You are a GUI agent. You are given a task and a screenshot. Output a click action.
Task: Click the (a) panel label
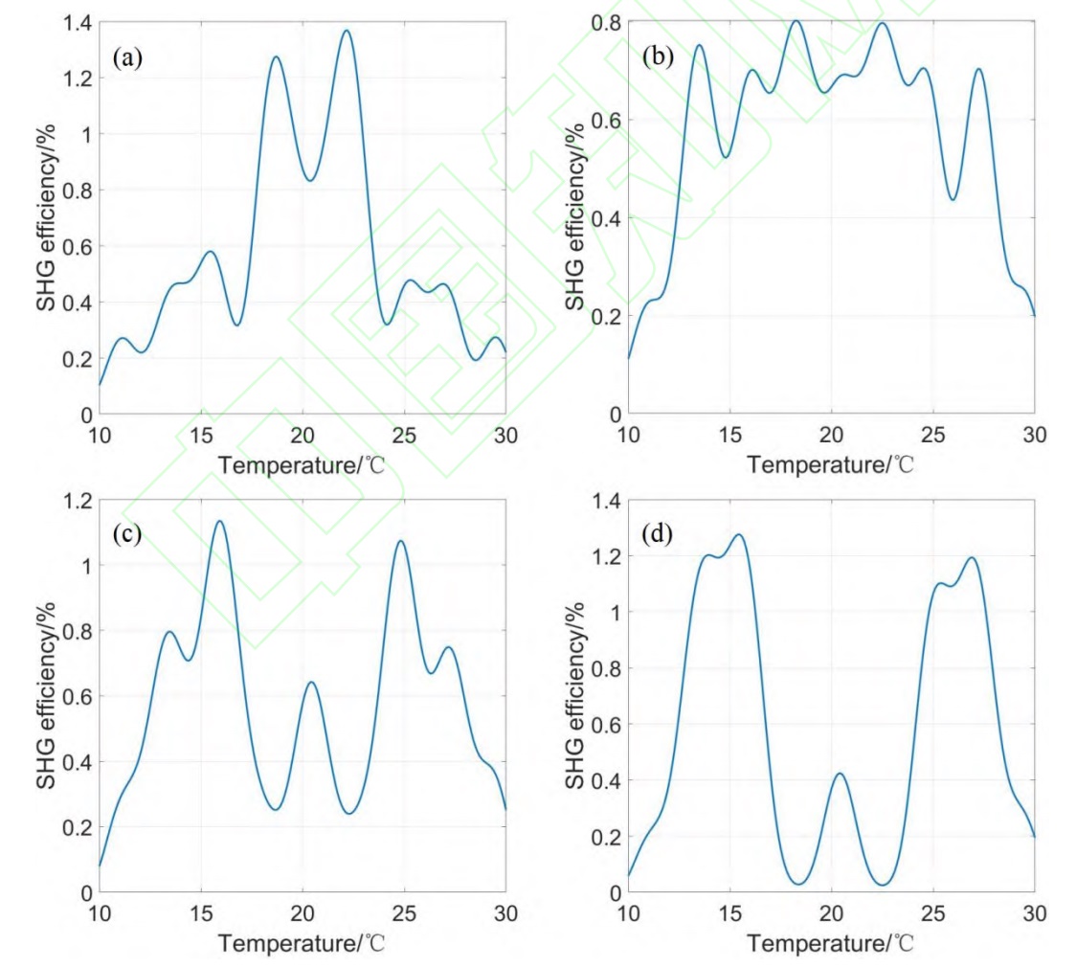[127, 59]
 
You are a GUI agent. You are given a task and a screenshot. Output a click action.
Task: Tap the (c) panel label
[127, 533]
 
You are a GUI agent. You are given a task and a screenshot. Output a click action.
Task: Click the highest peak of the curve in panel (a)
[346, 31]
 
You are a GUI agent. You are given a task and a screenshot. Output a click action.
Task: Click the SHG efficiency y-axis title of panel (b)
[573, 217]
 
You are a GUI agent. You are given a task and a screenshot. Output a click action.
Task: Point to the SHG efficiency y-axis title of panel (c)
[44, 696]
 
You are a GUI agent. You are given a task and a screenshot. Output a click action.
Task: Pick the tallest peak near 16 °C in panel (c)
[219, 522]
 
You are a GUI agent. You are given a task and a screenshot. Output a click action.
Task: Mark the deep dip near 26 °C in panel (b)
[953, 199]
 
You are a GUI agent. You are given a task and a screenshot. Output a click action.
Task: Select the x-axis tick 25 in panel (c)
[405, 912]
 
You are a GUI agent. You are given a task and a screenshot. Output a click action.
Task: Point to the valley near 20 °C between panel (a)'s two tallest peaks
[309, 180]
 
